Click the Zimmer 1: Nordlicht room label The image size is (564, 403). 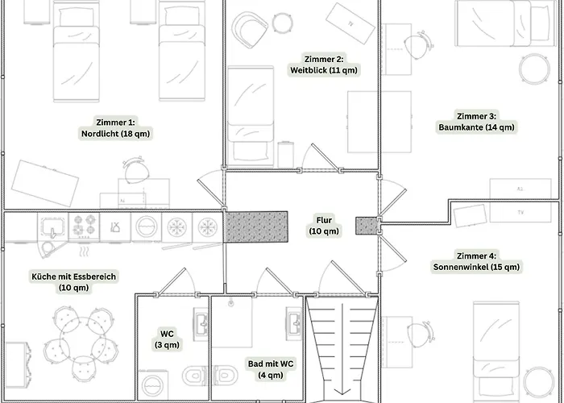point(115,127)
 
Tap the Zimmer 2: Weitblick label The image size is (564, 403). point(324,64)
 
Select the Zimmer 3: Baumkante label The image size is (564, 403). point(476,122)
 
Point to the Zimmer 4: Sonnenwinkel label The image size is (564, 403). point(476,262)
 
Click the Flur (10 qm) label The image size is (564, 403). point(324,226)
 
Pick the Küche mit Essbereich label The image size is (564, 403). point(74,282)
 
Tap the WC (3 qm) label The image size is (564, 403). point(167,339)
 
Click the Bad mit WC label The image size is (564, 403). point(271,369)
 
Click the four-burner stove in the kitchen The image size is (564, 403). point(84,226)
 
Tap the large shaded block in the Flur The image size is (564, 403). point(255,226)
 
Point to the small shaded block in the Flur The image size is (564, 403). point(367,226)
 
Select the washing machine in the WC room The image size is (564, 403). point(152,385)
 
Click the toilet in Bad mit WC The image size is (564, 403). point(225,376)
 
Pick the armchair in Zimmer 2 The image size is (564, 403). point(250,30)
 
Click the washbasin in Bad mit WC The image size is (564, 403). point(294,323)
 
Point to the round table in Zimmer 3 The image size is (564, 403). point(534,69)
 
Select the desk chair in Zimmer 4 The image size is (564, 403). point(420,334)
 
